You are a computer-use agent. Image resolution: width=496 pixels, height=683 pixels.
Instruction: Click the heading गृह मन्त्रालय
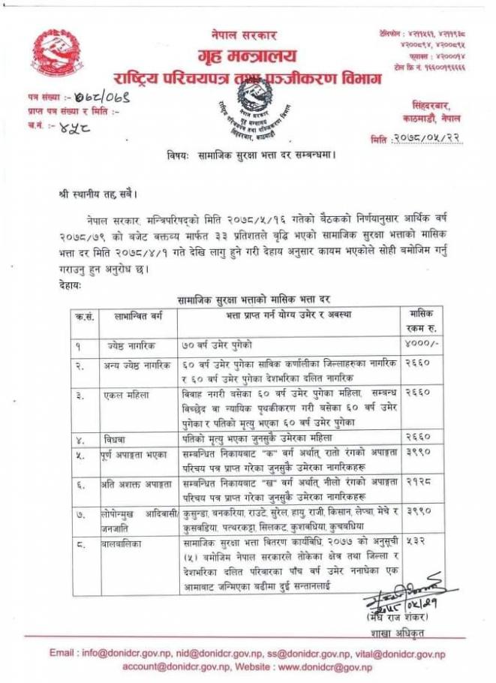[248, 56]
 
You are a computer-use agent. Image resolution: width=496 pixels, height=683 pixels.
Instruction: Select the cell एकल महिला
[123, 393]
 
